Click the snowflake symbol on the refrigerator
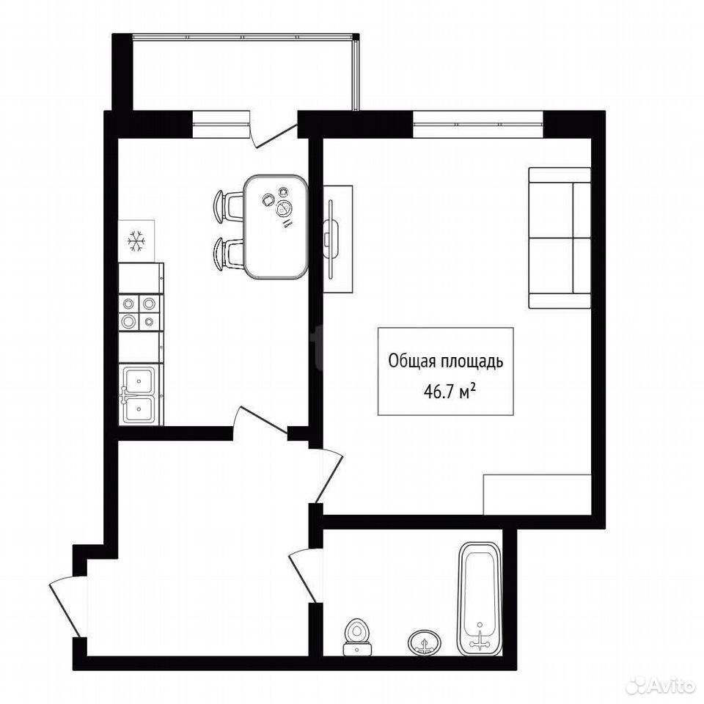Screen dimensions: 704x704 coord(136,241)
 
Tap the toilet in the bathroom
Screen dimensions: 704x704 coord(357,637)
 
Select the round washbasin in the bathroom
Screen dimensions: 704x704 coord(425,643)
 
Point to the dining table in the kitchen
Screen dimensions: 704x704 coord(276,227)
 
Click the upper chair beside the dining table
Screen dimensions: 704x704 coord(229,207)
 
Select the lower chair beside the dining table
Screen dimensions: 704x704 coord(229,254)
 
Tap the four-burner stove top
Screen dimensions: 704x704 coord(139,312)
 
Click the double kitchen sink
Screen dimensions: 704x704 coord(139,395)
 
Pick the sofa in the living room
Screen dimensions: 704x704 coord(560,238)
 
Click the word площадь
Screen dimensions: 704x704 coord(473,362)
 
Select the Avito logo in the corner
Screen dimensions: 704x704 coord(659,686)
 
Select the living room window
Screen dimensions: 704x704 coord(477,125)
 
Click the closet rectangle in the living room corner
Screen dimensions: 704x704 coord(537,494)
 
